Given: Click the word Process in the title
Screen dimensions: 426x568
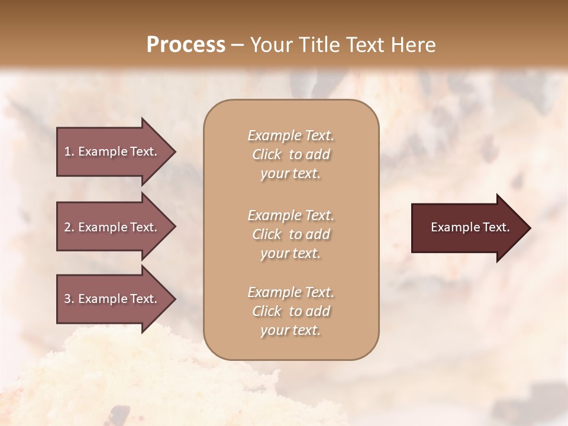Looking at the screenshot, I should point(186,45).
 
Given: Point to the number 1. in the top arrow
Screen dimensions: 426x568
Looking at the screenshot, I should point(69,151).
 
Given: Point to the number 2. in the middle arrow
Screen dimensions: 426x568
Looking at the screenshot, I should point(69,227).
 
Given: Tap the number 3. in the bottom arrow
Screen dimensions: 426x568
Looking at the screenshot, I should point(69,299).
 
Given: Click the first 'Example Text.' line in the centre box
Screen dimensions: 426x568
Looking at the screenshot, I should point(291,135).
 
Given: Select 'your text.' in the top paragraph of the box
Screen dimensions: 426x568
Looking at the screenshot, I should point(291,174).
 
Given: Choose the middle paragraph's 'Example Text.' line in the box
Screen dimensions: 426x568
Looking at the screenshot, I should point(291,215).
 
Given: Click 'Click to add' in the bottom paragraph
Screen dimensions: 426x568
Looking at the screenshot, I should point(291,311).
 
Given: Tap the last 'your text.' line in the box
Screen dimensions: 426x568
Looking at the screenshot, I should point(291,331).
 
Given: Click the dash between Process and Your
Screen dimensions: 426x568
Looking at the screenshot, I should point(237,46).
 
